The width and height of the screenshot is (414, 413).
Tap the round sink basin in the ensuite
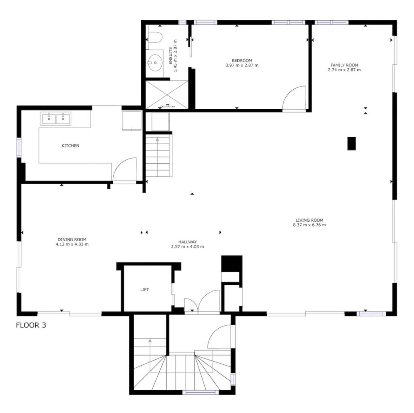click(x=155, y=63)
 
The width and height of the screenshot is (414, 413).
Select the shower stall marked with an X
click(x=167, y=94)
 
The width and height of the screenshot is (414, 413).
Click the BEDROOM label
click(x=242, y=61)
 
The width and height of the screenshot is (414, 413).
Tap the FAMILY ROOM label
click(x=344, y=65)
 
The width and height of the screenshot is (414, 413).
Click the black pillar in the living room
click(x=351, y=144)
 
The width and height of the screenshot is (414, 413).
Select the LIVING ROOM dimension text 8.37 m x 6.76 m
click(x=309, y=225)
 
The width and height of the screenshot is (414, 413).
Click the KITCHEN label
click(x=70, y=146)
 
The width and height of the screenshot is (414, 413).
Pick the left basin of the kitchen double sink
click(x=49, y=119)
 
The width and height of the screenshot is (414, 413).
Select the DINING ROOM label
click(x=72, y=239)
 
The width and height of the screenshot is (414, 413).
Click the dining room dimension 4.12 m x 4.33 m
click(x=72, y=244)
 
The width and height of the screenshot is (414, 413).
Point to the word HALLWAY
click(x=188, y=242)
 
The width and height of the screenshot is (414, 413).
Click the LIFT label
click(x=144, y=290)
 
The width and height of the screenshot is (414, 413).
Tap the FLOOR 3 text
click(x=31, y=325)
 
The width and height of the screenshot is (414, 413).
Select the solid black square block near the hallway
click(x=232, y=263)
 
